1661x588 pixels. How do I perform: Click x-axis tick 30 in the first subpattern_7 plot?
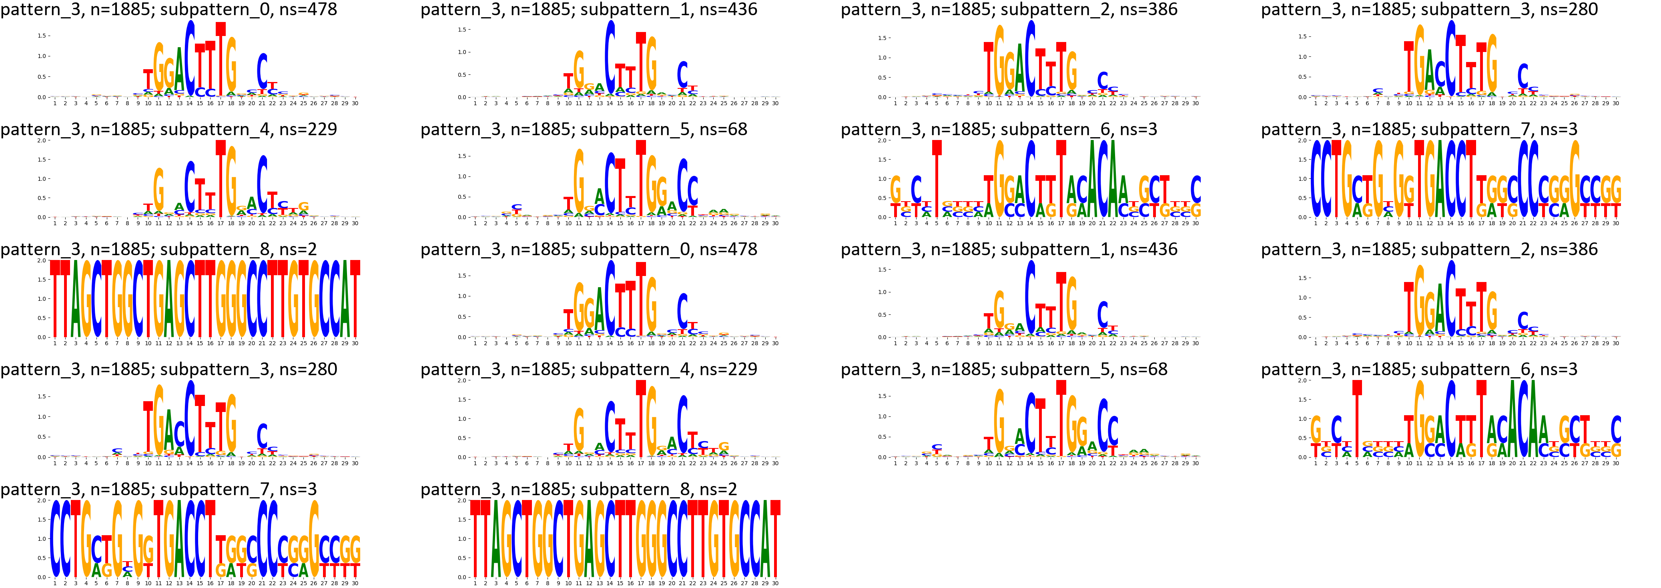click(x=1616, y=223)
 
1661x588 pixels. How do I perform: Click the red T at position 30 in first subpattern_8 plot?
click(x=355, y=300)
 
